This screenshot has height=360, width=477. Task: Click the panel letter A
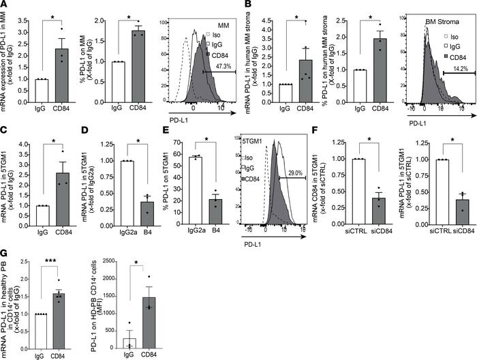(x=5, y=5)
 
